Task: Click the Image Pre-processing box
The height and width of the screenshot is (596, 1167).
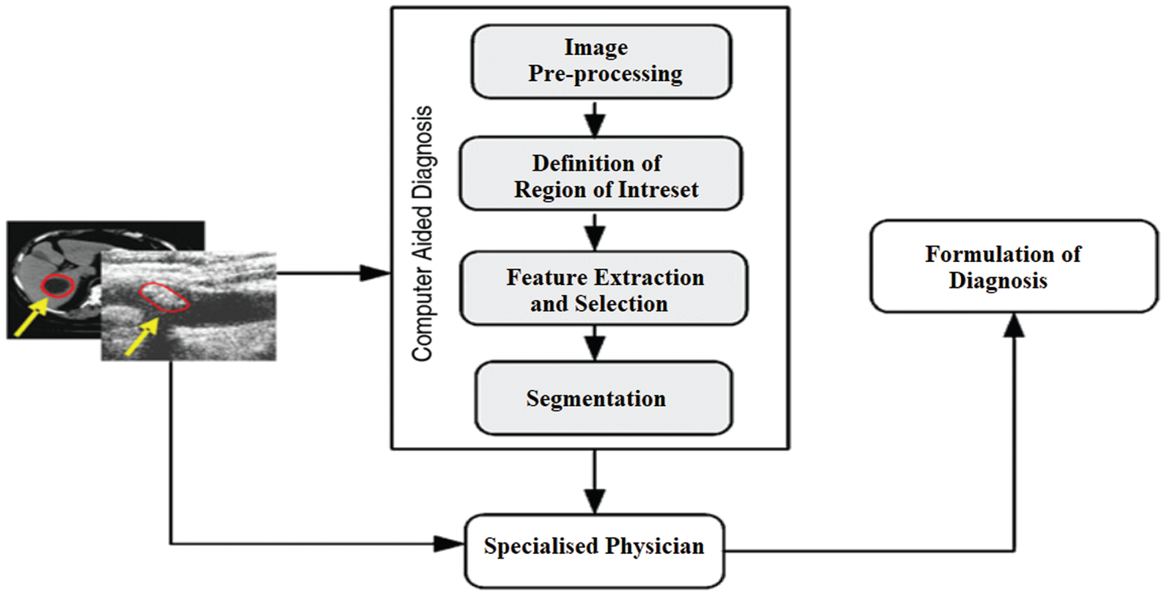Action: point(602,62)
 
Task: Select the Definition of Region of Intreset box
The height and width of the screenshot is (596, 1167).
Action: point(601,174)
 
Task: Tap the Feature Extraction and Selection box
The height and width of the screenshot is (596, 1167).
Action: point(604,289)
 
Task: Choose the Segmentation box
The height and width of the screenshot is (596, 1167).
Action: point(604,398)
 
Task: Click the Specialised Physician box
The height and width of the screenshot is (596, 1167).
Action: point(594,551)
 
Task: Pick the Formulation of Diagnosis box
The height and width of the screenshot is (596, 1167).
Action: point(1014,267)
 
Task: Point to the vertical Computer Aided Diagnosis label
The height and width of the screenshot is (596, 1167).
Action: point(422,233)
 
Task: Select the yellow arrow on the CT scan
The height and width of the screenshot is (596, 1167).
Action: point(31,317)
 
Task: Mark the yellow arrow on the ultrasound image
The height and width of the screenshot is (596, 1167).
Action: point(142,336)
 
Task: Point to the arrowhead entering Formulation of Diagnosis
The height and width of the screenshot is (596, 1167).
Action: point(1014,326)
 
